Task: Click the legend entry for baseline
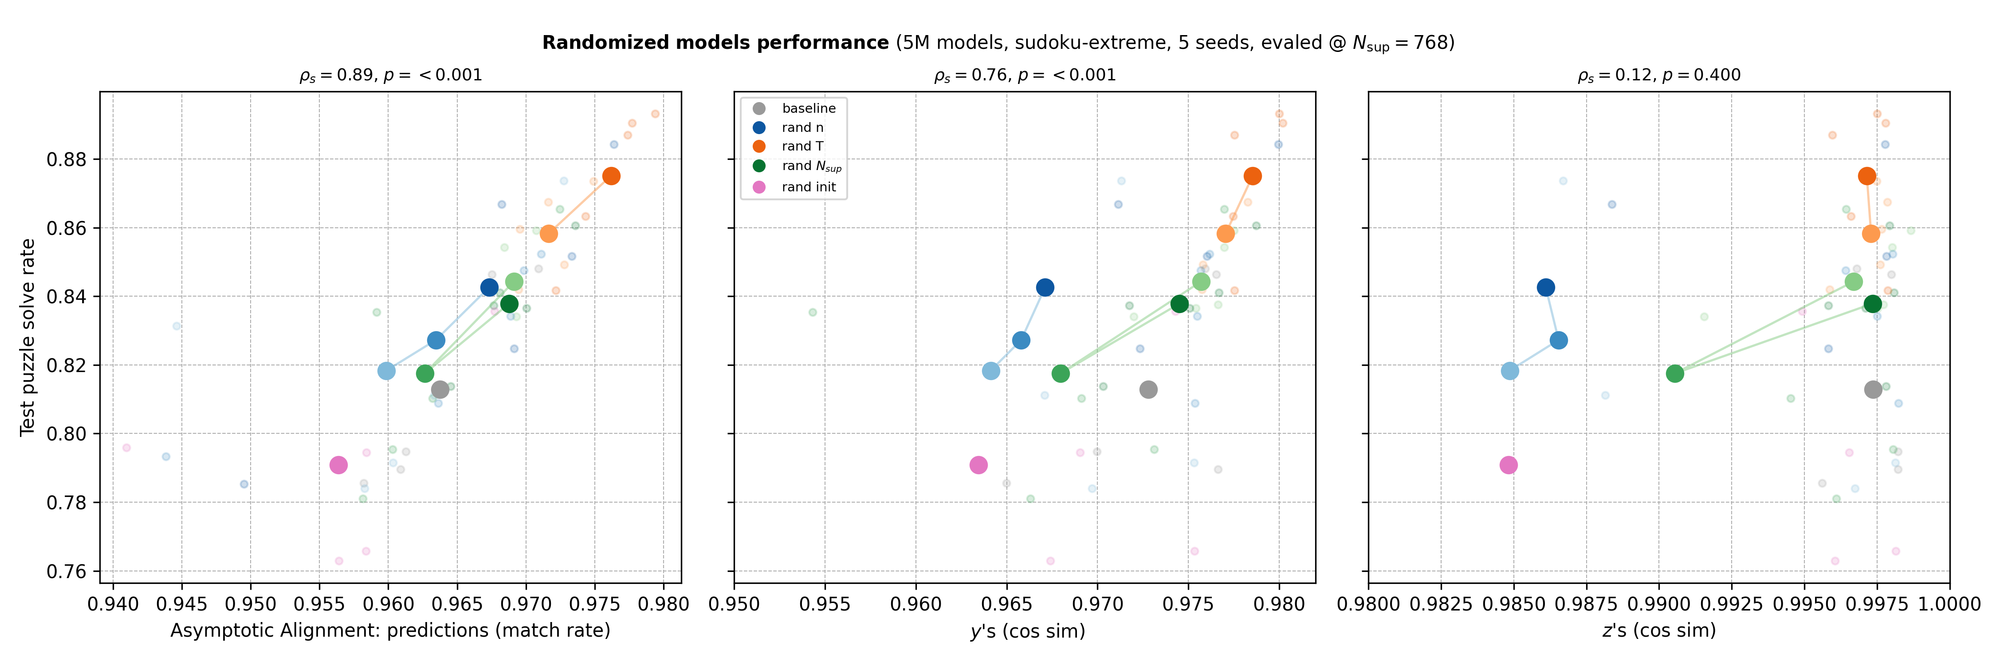808,108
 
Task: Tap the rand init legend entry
808,187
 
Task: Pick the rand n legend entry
802,127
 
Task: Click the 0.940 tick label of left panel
113,604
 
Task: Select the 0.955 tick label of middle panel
825,604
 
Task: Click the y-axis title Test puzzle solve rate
28,337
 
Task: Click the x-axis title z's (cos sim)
1659,631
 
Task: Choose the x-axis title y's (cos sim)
1027,631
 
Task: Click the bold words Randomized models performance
715,43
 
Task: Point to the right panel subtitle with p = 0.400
1659,75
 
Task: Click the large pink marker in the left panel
338,465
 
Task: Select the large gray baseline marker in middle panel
1148,389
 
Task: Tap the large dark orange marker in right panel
1866,176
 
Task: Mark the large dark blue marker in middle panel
1045,288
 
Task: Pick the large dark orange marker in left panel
611,176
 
